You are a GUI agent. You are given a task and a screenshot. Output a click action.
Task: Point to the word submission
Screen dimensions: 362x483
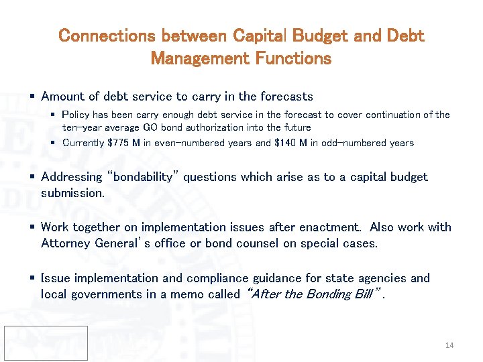pos(72,193)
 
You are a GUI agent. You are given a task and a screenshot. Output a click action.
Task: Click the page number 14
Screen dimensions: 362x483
pos(449,345)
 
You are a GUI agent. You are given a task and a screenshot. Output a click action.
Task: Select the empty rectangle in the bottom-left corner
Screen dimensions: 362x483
pos(45,343)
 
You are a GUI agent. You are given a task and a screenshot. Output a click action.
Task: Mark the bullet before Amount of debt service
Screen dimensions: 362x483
pos(32,97)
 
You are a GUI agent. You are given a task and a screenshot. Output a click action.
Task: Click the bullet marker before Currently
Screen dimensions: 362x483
pos(54,143)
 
